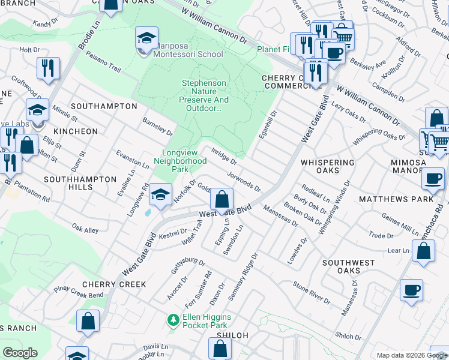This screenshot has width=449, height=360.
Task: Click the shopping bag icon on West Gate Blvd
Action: (222, 199)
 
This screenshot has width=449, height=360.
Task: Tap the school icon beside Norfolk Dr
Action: (160, 194)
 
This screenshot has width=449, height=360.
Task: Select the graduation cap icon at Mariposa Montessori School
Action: (146, 38)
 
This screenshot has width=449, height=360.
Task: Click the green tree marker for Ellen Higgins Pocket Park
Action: (173, 320)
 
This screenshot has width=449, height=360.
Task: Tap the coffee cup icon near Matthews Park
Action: (432, 178)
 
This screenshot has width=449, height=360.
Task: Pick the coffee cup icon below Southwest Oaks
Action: (411, 290)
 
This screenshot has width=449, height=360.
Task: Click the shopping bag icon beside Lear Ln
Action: (424, 252)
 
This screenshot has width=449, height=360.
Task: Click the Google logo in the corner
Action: (20, 353)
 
